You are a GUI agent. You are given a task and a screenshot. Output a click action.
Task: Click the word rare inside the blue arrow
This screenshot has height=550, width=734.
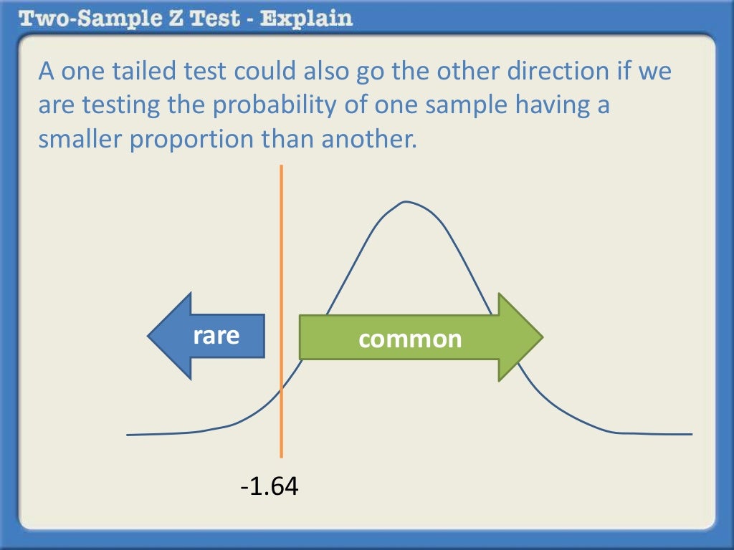click(x=216, y=335)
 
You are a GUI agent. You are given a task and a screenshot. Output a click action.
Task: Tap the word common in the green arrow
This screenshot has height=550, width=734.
click(x=410, y=338)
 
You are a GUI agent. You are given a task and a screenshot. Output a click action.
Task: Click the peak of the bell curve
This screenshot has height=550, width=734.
click(x=406, y=202)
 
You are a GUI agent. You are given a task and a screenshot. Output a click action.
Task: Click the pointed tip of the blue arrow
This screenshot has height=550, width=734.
click(x=149, y=336)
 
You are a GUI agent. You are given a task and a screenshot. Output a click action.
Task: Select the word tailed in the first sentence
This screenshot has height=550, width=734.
click(x=153, y=72)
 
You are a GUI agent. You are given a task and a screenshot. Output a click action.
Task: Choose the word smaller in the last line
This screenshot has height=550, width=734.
click(x=82, y=138)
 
